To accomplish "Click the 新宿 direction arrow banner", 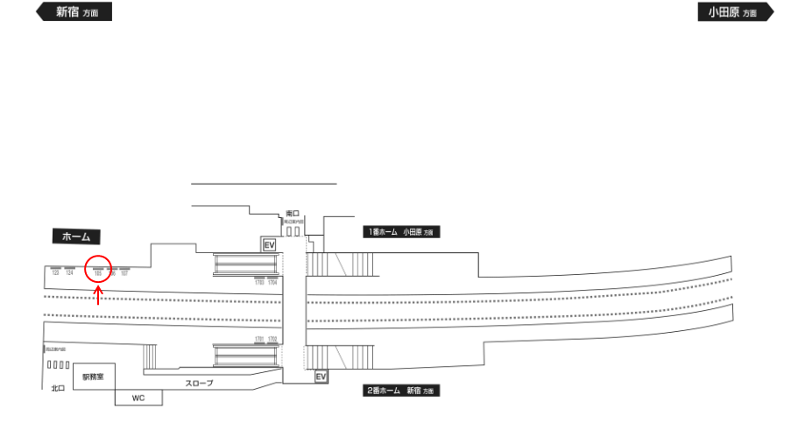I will coord(74,12).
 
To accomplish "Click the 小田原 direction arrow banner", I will coord(735,12).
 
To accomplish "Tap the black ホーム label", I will coord(77,236).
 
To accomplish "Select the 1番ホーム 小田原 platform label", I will coord(399,233).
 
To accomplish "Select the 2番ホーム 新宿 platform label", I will coord(400,390).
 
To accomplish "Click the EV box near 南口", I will coord(270,245).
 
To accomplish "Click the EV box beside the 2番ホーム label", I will coord(321,377).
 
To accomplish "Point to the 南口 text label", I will coord(293,213).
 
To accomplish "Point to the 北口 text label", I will coord(58,387).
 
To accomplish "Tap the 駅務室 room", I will coord(94,377).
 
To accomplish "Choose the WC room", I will coord(138,398).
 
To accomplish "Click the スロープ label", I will coord(199,384).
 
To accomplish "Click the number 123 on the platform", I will coord(55,273).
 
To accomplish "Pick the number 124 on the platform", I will coord(69,273).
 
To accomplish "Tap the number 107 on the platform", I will coord(124,273).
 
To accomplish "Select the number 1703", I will coord(259,283).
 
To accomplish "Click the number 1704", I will coord(272,283).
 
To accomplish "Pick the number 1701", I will coord(259,338).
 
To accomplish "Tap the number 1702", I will coord(272,338).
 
